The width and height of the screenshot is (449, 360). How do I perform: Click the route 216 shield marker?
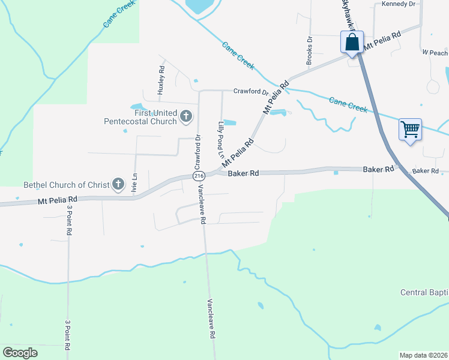[199, 175]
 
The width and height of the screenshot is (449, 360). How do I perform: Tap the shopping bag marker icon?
[352, 43]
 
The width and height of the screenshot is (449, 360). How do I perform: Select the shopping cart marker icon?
[410, 129]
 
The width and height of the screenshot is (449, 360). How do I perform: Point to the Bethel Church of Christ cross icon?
[119, 184]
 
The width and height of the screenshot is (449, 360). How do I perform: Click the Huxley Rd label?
[161, 80]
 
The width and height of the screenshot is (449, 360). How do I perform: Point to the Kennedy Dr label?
[399, 4]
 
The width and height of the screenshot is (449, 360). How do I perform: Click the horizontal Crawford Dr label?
[250, 92]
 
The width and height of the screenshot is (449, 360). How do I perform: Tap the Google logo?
[20, 352]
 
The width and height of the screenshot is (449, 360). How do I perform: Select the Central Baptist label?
[424, 292]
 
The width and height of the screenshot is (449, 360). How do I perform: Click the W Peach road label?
[435, 53]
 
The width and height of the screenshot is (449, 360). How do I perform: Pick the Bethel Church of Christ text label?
[66, 184]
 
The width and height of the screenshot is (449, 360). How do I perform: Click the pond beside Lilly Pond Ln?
[229, 123]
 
